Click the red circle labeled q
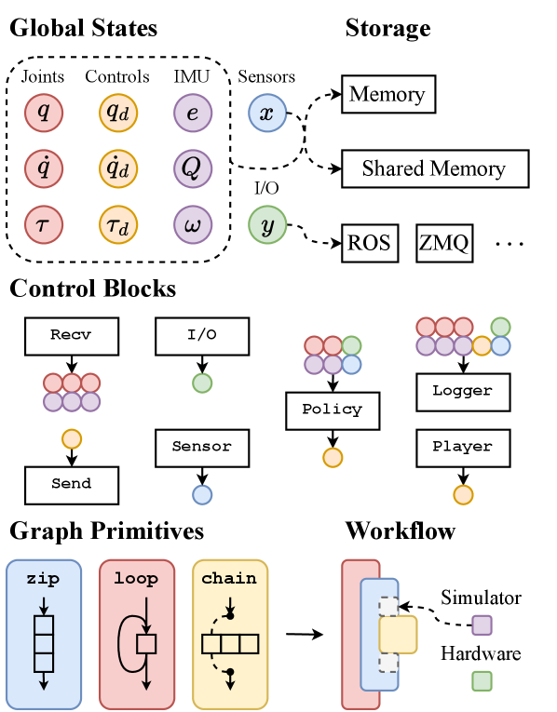pyautogui.click(x=44, y=113)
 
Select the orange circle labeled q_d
pyautogui.click(x=118, y=113)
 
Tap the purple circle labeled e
pyautogui.click(x=193, y=113)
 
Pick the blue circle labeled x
pyautogui.click(x=267, y=113)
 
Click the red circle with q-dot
pyautogui.click(x=44, y=168)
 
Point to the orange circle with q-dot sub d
pyautogui.click(x=118, y=168)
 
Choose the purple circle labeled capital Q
pyautogui.click(x=193, y=168)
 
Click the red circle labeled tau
pyautogui.click(x=44, y=224)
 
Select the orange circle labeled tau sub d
pyautogui.click(x=118, y=224)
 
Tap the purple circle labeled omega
pyautogui.click(x=193, y=224)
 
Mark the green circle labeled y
pyautogui.click(x=267, y=224)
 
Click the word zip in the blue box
pyautogui.click(x=43, y=579)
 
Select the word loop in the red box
pyautogui.click(x=136, y=579)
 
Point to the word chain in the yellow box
pyautogui.click(x=229, y=579)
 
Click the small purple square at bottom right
pyautogui.click(x=482, y=625)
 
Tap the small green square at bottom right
pyautogui.click(x=482, y=680)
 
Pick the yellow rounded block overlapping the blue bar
pyautogui.click(x=399, y=634)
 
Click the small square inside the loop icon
pyautogui.click(x=146, y=644)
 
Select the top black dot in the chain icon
pyautogui.click(x=230, y=615)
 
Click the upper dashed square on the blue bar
pyautogui.click(x=388, y=606)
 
